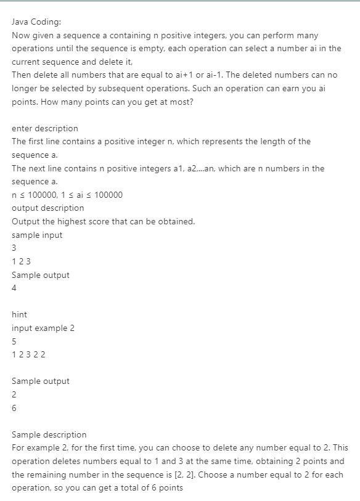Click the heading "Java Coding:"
[36, 22]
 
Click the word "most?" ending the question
[179, 102]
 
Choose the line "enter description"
[45, 128]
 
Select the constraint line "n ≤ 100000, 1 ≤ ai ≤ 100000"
[67, 195]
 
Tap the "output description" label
[47, 208]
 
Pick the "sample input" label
[37, 235]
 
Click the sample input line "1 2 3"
[21, 261]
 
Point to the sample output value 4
[14, 288]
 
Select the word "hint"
[19, 314]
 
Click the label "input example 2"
[43, 328]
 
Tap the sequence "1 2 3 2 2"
[28, 354]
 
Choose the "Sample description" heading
[49, 434]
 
